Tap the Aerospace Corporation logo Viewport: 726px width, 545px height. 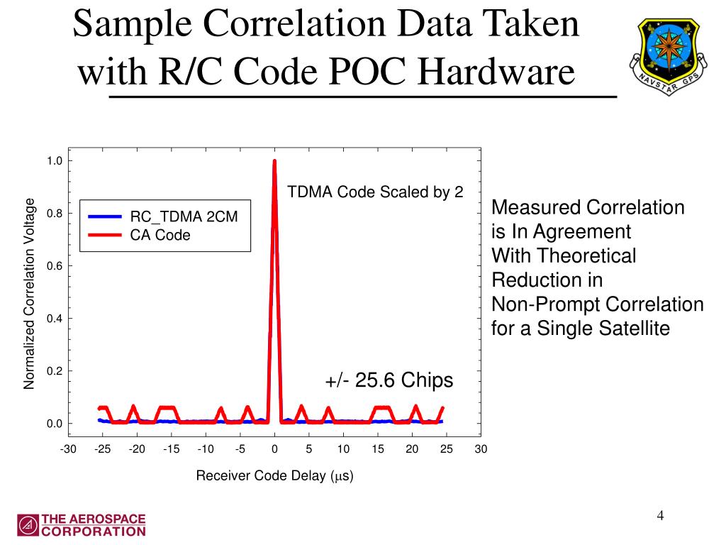point(81,524)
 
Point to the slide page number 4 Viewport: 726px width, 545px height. point(660,515)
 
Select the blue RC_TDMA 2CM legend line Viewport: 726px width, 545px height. point(106,216)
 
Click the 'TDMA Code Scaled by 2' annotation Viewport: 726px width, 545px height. point(375,192)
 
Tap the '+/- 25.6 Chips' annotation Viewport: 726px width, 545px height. point(389,380)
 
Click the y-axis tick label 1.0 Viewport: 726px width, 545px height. point(55,161)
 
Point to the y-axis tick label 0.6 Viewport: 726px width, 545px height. point(55,266)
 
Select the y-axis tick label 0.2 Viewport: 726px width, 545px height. point(55,371)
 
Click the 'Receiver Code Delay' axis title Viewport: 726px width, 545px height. point(274,475)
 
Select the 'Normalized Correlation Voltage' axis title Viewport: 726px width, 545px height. point(30,293)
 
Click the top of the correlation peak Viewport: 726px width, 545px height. point(274,162)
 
